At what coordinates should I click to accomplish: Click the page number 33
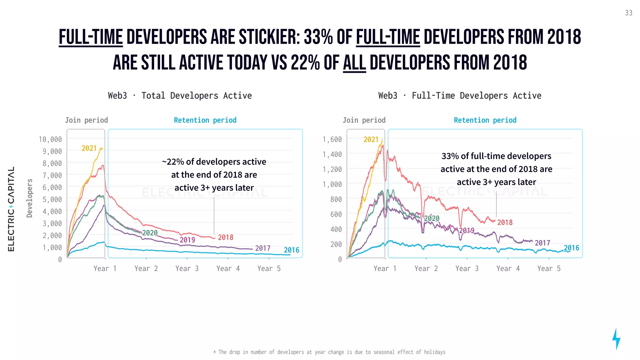point(628,13)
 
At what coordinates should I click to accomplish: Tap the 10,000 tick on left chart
point(50,139)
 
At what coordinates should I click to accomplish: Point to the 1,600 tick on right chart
point(332,139)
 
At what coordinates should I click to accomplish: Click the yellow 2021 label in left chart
point(89,148)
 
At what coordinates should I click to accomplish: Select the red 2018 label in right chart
point(505,222)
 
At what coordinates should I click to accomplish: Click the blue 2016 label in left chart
point(291,250)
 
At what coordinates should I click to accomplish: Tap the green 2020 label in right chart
point(432,218)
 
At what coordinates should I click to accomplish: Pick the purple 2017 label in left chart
point(262,248)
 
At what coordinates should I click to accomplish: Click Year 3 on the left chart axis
point(187,268)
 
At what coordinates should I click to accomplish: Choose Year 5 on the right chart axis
point(549,268)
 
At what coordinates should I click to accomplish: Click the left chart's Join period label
point(86,120)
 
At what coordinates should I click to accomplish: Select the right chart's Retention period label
point(485,120)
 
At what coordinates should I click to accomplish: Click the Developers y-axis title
point(30,198)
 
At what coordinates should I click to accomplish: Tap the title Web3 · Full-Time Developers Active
point(460,96)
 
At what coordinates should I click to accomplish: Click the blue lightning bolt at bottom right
point(616,339)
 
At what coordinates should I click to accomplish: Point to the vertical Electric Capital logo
point(11,209)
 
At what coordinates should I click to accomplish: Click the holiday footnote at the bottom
point(329,352)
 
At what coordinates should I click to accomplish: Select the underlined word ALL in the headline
point(354,63)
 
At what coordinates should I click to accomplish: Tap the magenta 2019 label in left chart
point(187,240)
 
